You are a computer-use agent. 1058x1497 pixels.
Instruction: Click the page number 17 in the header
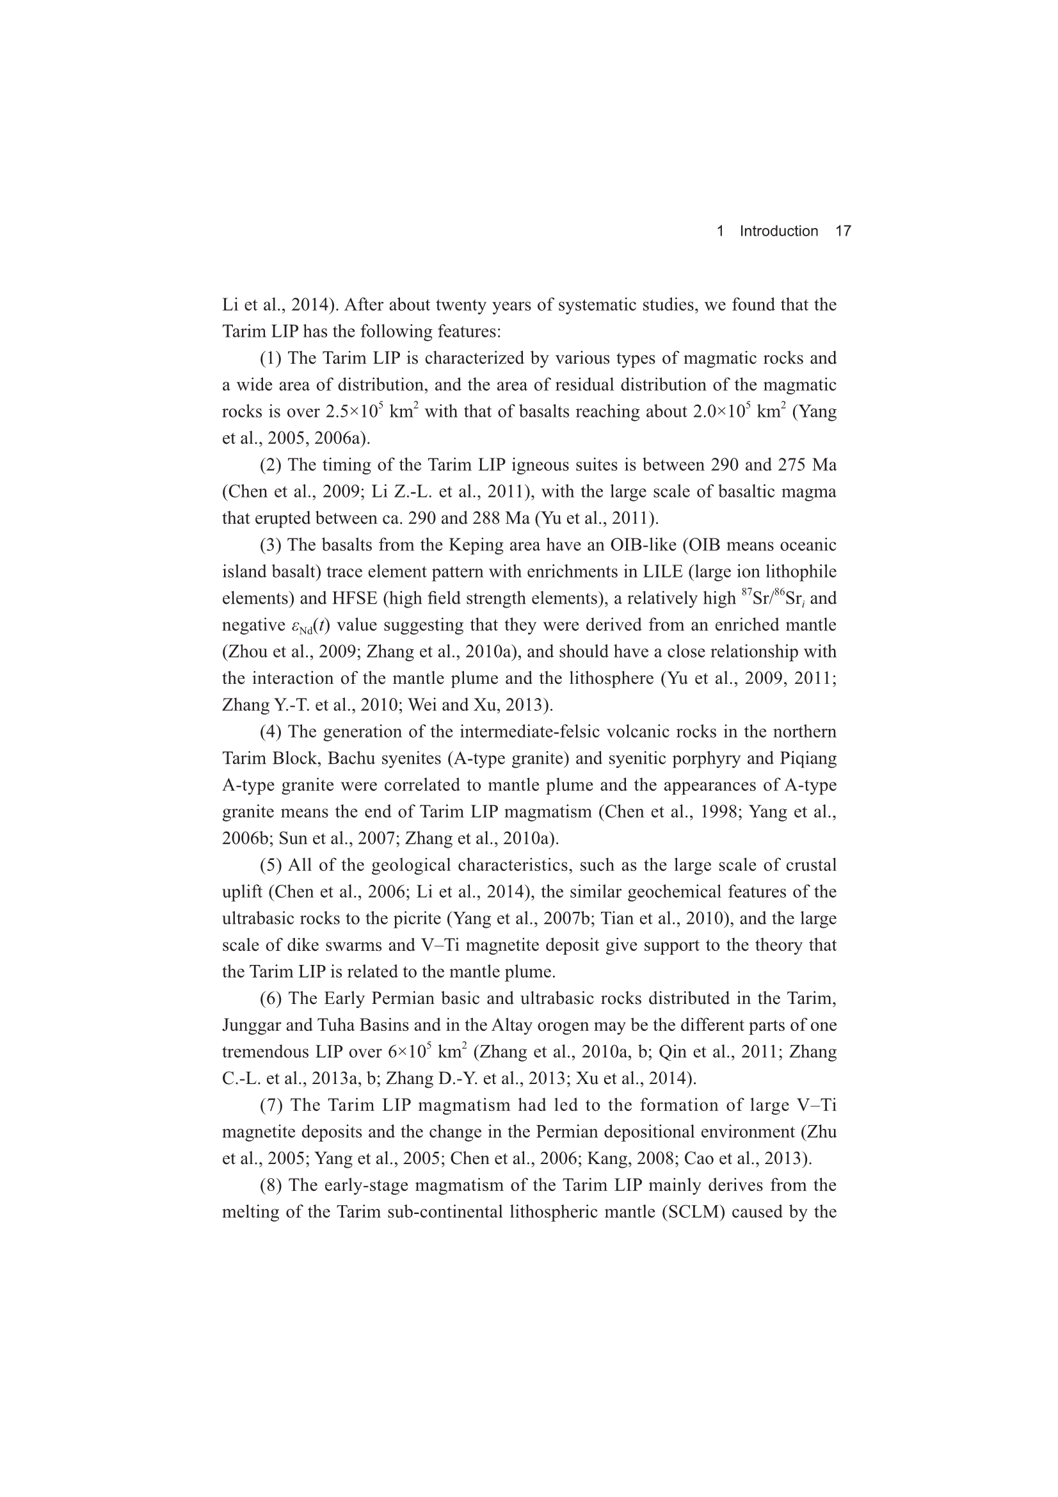(x=842, y=231)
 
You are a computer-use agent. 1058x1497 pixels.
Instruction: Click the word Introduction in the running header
(x=778, y=231)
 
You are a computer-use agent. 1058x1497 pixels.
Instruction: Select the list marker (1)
(x=271, y=359)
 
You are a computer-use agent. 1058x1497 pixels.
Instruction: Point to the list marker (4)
(x=271, y=732)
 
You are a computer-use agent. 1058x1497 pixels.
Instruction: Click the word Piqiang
(x=808, y=758)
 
